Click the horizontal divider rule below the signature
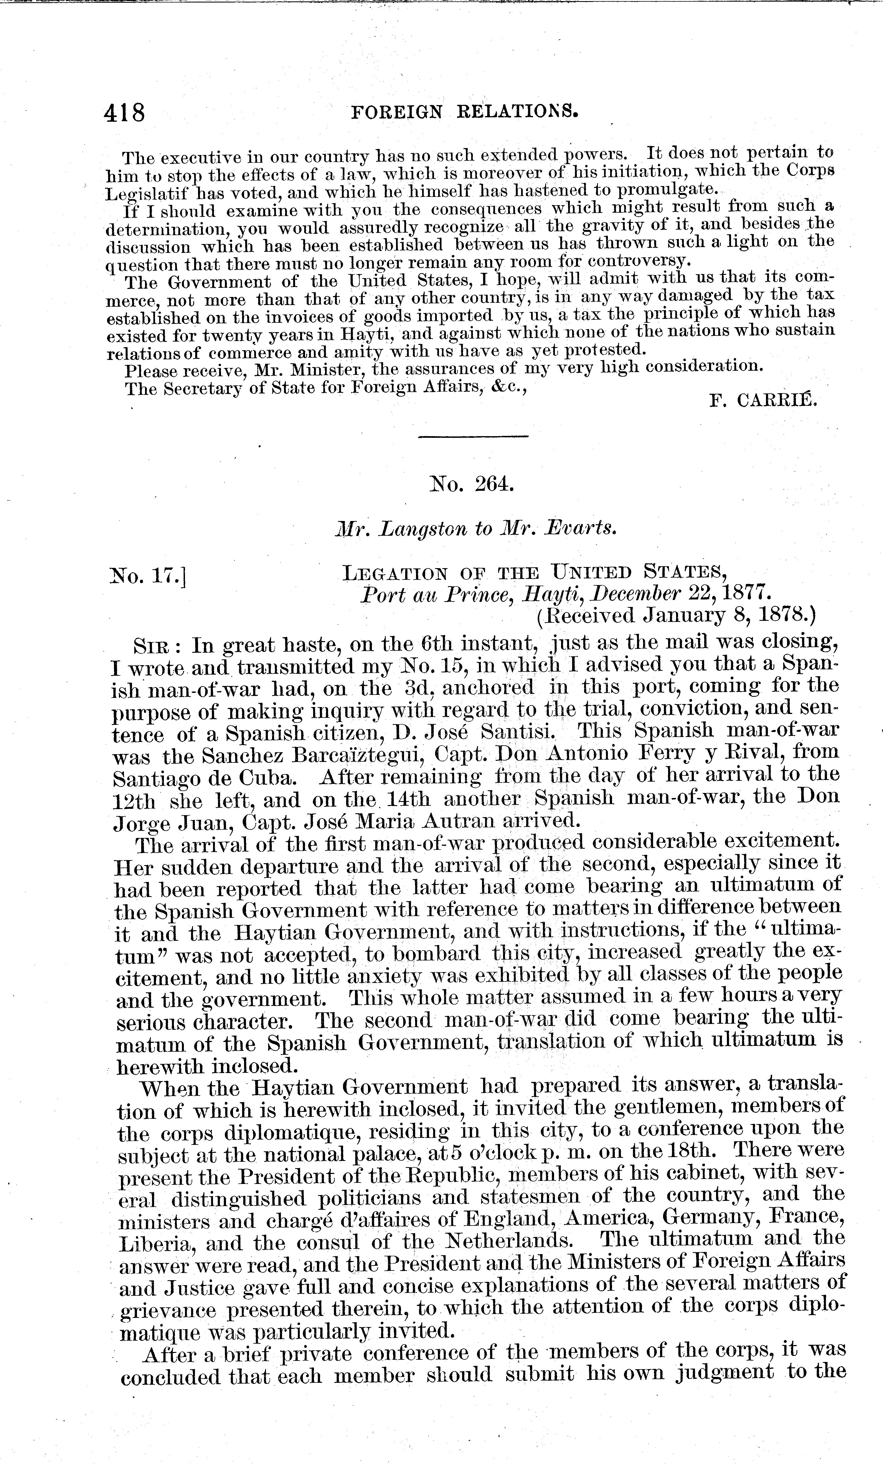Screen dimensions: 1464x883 [x=473, y=438]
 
